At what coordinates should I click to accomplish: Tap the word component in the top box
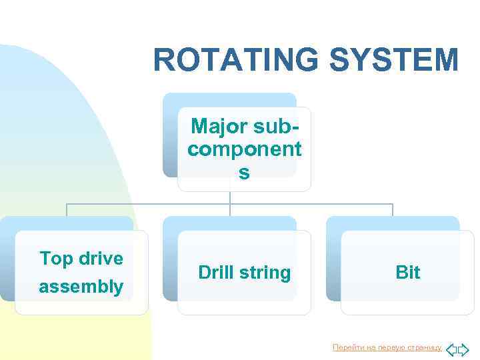[x=244, y=149]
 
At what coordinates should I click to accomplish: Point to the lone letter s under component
[x=244, y=172]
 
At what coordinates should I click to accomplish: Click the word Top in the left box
[x=57, y=258]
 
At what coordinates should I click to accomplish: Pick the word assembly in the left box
[x=81, y=287]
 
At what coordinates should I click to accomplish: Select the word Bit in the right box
[x=407, y=272]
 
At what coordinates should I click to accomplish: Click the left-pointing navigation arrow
[x=451, y=349]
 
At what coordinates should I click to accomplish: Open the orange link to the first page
[x=387, y=348]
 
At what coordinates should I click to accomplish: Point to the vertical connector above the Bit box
[x=393, y=209]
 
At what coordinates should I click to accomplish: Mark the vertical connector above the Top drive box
[x=67, y=209]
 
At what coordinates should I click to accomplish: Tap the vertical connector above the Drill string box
[x=230, y=209]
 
